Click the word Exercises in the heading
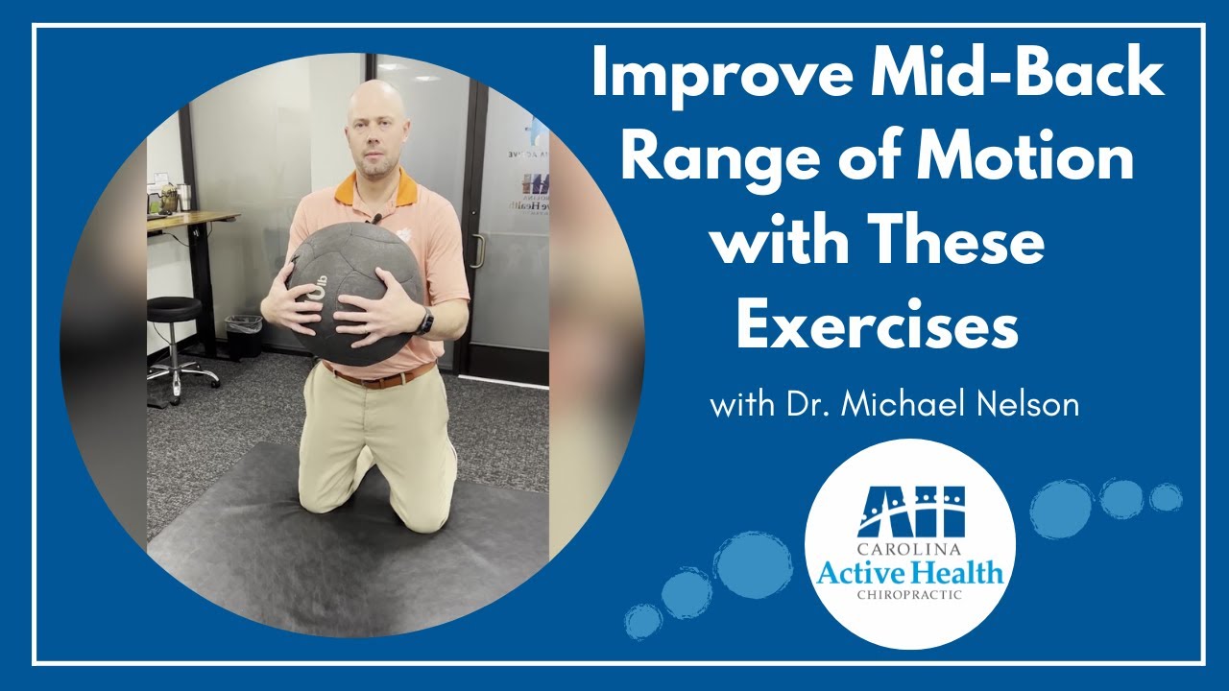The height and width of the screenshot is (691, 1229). (x=877, y=327)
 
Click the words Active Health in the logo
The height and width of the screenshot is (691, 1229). (x=909, y=574)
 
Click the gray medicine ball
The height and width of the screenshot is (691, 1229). (x=354, y=288)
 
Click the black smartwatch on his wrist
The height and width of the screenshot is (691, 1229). (x=425, y=321)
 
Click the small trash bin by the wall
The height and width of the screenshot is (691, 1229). (x=243, y=335)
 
